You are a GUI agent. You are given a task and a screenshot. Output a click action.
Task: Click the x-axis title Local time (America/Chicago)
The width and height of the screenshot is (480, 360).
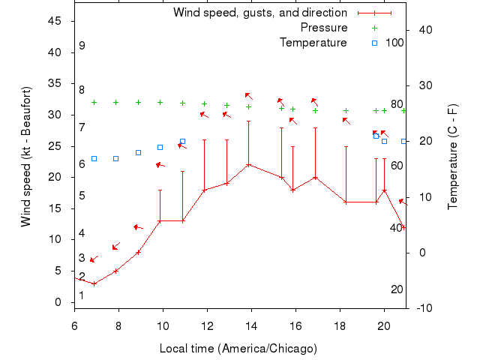click(x=238, y=349)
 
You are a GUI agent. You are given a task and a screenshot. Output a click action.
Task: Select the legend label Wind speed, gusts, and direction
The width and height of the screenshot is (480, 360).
click(x=260, y=13)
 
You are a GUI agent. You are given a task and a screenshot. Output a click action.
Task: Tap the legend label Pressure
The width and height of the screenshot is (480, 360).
click(x=324, y=28)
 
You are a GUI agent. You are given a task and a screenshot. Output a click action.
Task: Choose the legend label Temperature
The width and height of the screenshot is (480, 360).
click(x=313, y=43)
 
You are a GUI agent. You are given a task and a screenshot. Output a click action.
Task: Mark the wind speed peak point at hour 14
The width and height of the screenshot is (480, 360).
click(x=248, y=164)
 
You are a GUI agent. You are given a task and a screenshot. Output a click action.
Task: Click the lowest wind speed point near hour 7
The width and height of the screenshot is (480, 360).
click(x=94, y=283)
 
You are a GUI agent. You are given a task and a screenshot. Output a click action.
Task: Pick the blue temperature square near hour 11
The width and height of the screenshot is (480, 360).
click(x=182, y=141)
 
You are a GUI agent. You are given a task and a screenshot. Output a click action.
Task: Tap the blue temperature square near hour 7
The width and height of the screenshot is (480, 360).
click(x=94, y=158)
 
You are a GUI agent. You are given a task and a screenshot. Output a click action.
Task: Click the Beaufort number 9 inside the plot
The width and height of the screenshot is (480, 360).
click(x=82, y=46)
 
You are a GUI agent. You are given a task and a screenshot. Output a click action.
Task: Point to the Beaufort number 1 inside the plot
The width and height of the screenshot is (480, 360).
click(x=82, y=295)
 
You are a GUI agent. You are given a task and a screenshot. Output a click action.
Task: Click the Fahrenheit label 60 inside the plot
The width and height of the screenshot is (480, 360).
click(x=397, y=166)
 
